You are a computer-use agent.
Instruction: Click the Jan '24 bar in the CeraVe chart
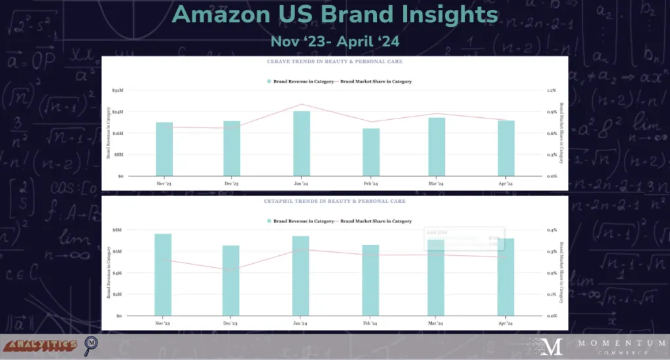click(301, 144)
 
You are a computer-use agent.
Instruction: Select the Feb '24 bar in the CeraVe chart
click(372, 153)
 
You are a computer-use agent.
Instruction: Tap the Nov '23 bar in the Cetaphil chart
click(163, 275)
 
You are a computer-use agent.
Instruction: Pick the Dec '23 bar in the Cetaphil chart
click(231, 281)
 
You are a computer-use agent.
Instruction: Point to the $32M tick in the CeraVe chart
click(117, 90)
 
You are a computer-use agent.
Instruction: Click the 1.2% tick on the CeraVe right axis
click(551, 90)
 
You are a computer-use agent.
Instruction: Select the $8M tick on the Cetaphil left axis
click(118, 230)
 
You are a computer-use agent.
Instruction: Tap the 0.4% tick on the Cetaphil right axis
click(551, 230)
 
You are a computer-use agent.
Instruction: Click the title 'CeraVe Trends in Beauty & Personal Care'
click(334, 62)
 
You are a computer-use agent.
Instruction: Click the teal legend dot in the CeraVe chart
click(270, 81)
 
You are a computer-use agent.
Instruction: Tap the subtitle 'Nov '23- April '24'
click(335, 41)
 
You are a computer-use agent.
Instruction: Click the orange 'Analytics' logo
click(39, 344)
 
